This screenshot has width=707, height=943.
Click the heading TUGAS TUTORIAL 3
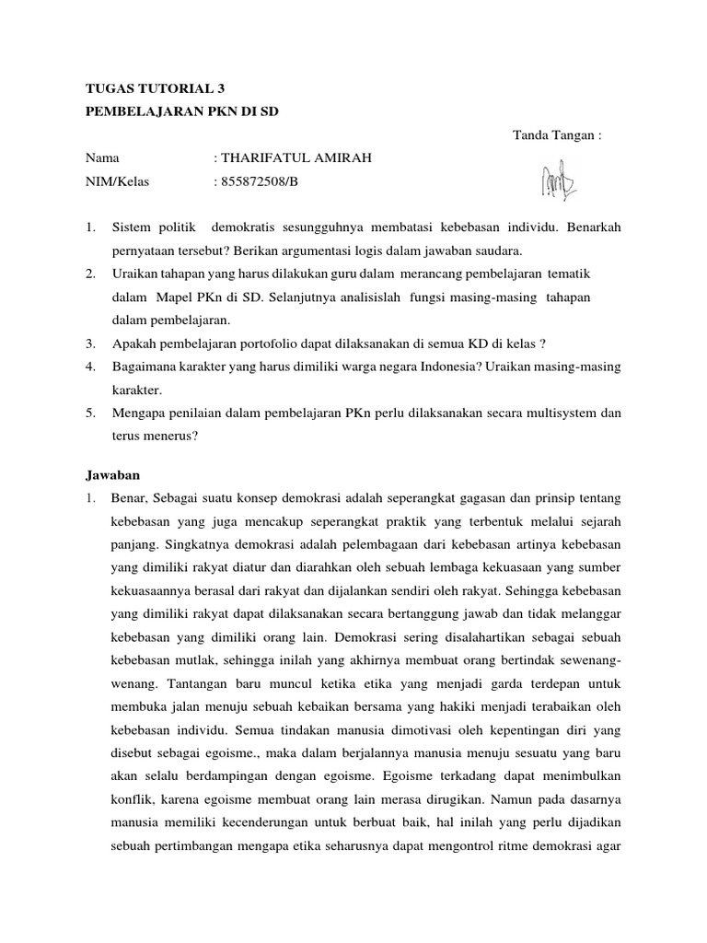click(x=154, y=89)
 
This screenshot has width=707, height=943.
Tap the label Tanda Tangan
click(x=556, y=136)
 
